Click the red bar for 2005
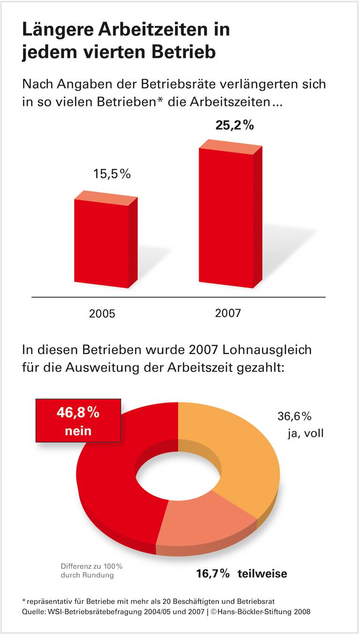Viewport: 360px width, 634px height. (102, 244)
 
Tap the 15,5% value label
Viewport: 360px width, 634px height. (112, 174)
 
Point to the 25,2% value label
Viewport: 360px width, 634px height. (234, 126)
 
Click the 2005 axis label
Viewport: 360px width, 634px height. (102, 314)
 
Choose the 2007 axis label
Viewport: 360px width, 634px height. (228, 313)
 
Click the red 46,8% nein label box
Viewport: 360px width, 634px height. (78, 421)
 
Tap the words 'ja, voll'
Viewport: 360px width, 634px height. (306, 433)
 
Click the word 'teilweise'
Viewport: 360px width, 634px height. (262, 574)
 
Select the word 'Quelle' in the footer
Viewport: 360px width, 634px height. (32, 611)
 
